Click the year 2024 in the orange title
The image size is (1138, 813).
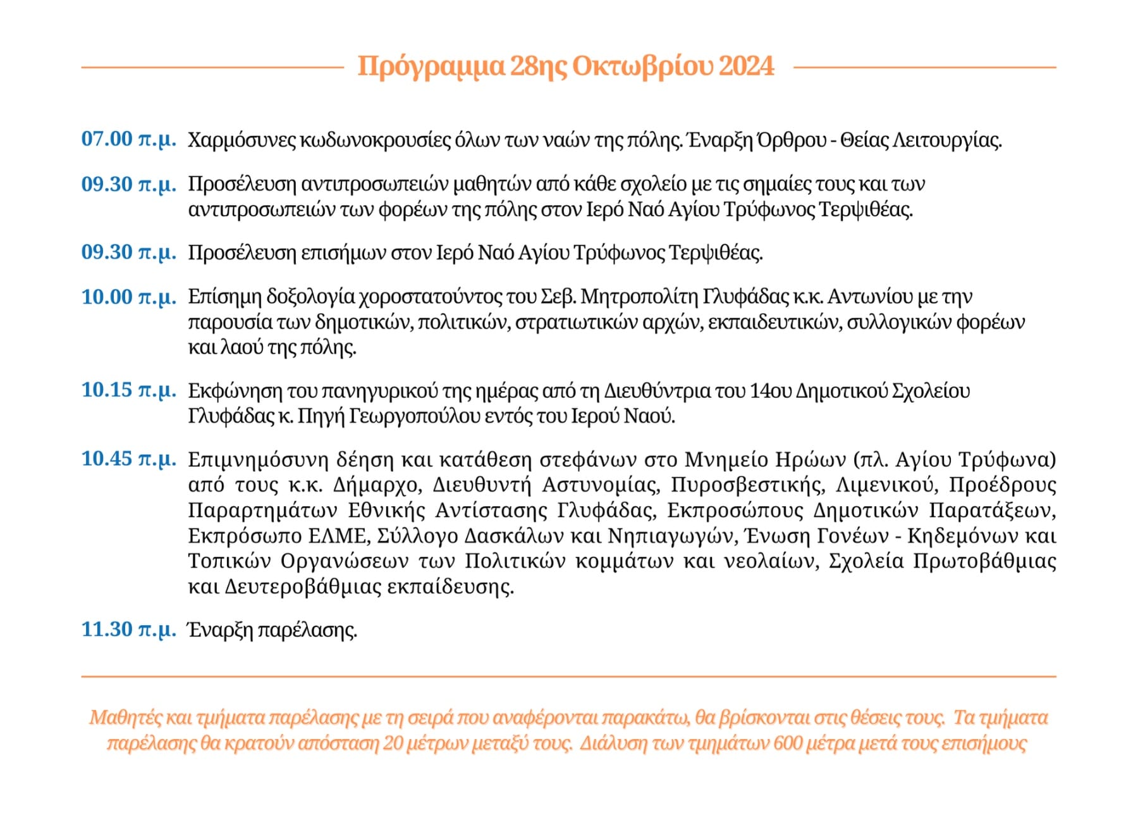pos(746,66)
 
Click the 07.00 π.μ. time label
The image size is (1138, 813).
pos(128,139)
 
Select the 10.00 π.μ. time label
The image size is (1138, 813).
pos(128,297)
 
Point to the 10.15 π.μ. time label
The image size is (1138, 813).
pos(128,390)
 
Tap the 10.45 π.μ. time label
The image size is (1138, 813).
pos(128,459)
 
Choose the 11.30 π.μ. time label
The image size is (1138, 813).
pos(128,630)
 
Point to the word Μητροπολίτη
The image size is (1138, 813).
pos(639,297)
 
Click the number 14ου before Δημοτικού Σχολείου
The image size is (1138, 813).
pos(770,391)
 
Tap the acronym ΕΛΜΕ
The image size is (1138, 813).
pos(338,536)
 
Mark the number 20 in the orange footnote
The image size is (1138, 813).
pos(393,743)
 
